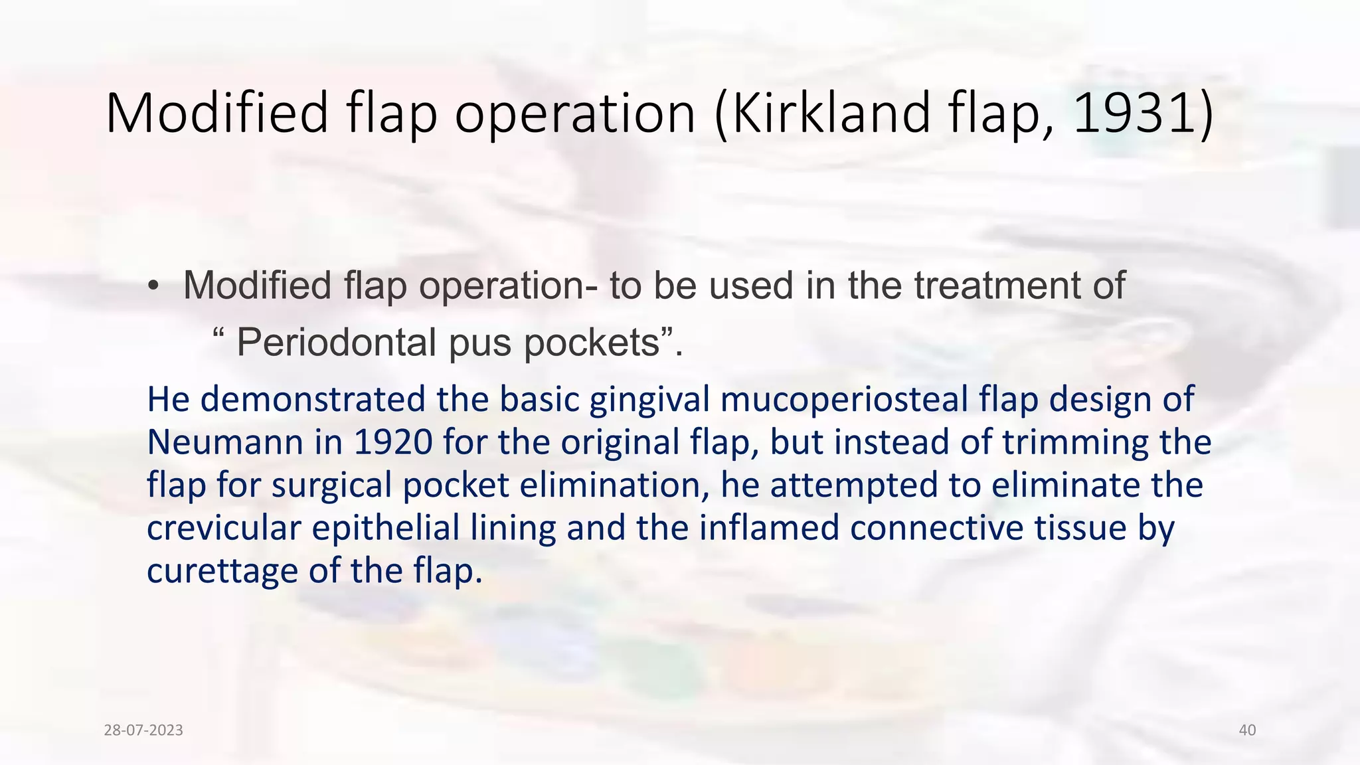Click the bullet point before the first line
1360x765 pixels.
click(x=153, y=286)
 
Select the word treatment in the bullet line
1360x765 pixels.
click(x=997, y=286)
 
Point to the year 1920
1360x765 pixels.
click(x=393, y=442)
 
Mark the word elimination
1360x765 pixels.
click(x=615, y=485)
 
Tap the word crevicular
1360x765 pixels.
click(x=224, y=529)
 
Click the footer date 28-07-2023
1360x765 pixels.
click(x=143, y=730)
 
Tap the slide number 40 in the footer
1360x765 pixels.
click(x=1247, y=730)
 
